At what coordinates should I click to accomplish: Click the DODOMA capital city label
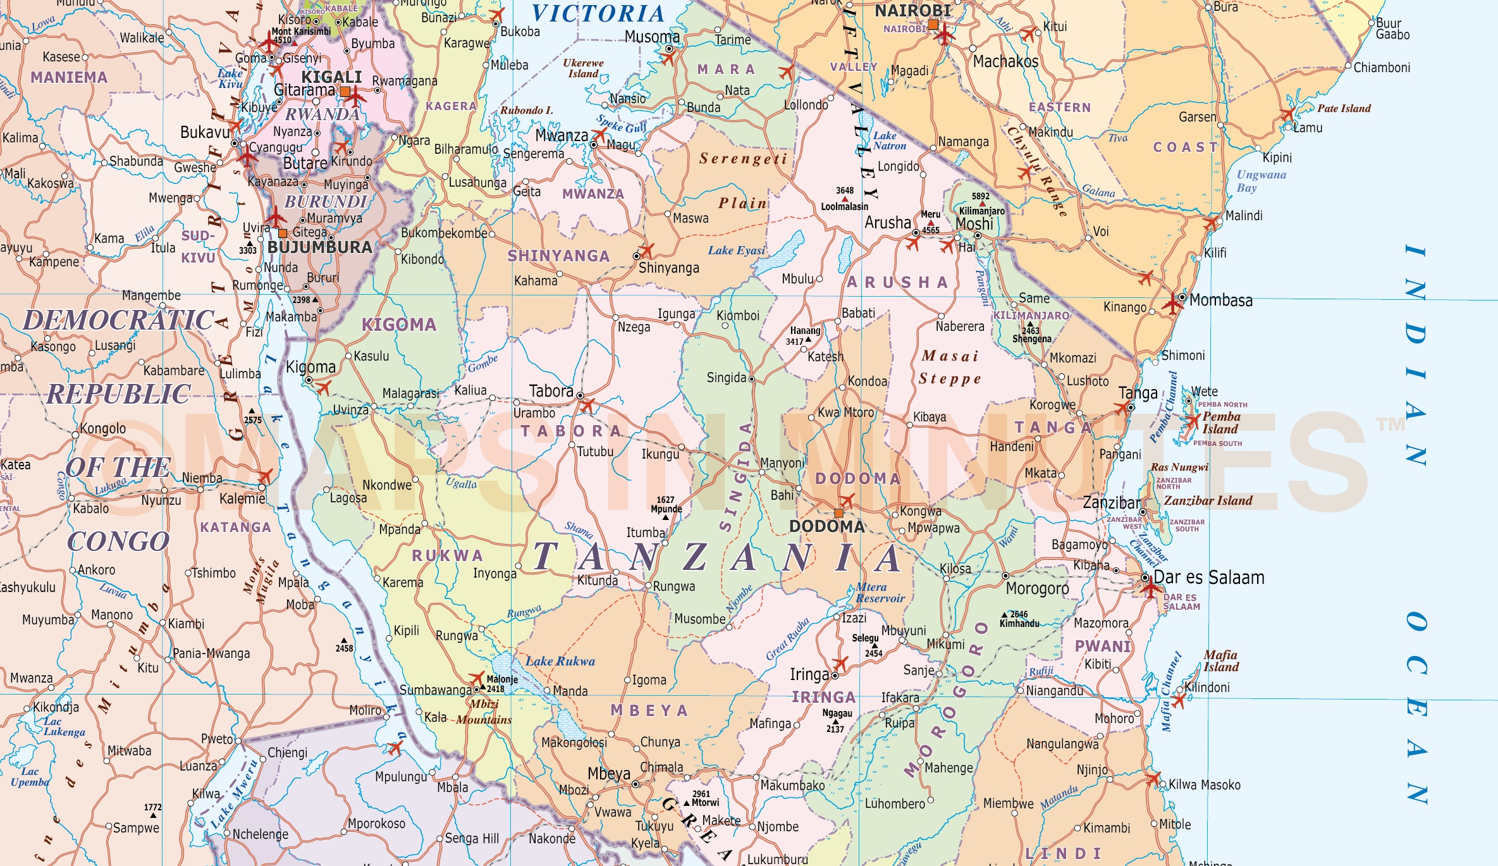tap(826, 526)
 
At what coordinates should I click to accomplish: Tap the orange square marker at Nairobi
tap(933, 25)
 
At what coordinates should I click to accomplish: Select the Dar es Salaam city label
tap(1208, 578)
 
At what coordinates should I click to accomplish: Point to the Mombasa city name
tap(1220, 300)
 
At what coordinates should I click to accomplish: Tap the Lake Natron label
tap(889, 140)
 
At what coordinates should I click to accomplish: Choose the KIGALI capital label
tap(331, 77)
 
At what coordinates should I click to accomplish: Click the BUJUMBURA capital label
tap(320, 247)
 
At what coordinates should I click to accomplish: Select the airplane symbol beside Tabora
tap(587, 405)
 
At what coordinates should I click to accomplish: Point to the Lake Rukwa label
tap(560, 661)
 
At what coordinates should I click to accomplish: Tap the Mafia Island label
tap(1220, 661)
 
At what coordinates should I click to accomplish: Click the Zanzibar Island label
tap(1208, 500)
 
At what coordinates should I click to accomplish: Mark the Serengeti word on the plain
tap(743, 159)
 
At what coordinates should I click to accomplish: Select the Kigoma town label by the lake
tap(310, 367)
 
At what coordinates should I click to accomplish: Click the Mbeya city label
tap(609, 774)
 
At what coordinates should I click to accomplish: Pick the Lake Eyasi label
tap(736, 251)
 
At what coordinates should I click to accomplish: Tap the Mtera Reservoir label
tap(880, 593)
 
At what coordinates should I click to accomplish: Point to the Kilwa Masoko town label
tap(1204, 785)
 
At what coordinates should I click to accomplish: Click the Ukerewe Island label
tap(582, 68)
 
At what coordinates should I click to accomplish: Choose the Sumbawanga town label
tap(435, 690)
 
